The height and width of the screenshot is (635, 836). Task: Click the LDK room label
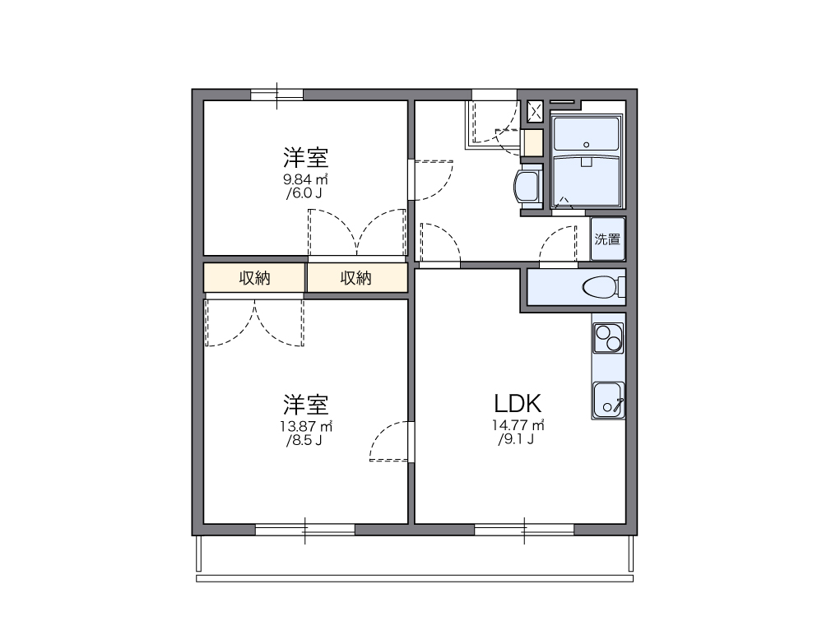(x=518, y=403)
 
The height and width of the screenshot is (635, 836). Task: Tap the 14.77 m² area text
(x=518, y=425)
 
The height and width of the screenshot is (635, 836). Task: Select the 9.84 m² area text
(x=306, y=178)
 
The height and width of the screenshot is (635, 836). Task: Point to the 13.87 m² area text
(x=306, y=426)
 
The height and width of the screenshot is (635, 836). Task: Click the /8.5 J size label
(x=304, y=440)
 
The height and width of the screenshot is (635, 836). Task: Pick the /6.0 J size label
(x=304, y=193)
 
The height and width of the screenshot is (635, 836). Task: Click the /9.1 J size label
(x=516, y=439)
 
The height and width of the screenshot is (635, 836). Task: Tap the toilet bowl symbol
(x=600, y=288)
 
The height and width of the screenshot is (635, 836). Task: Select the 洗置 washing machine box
(x=608, y=239)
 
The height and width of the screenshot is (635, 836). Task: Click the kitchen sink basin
(x=608, y=400)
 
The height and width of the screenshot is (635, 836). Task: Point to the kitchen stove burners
(x=608, y=337)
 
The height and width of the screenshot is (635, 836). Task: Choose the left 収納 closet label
(x=254, y=278)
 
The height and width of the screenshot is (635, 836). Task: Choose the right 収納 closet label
(x=356, y=278)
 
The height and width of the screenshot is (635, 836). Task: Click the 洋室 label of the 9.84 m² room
(x=306, y=156)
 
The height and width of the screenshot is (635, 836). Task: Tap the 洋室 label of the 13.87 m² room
(x=306, y=404)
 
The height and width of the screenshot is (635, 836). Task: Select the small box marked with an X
(x=535, y=111)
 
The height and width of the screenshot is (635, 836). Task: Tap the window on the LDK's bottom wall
(x=524, y=529)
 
